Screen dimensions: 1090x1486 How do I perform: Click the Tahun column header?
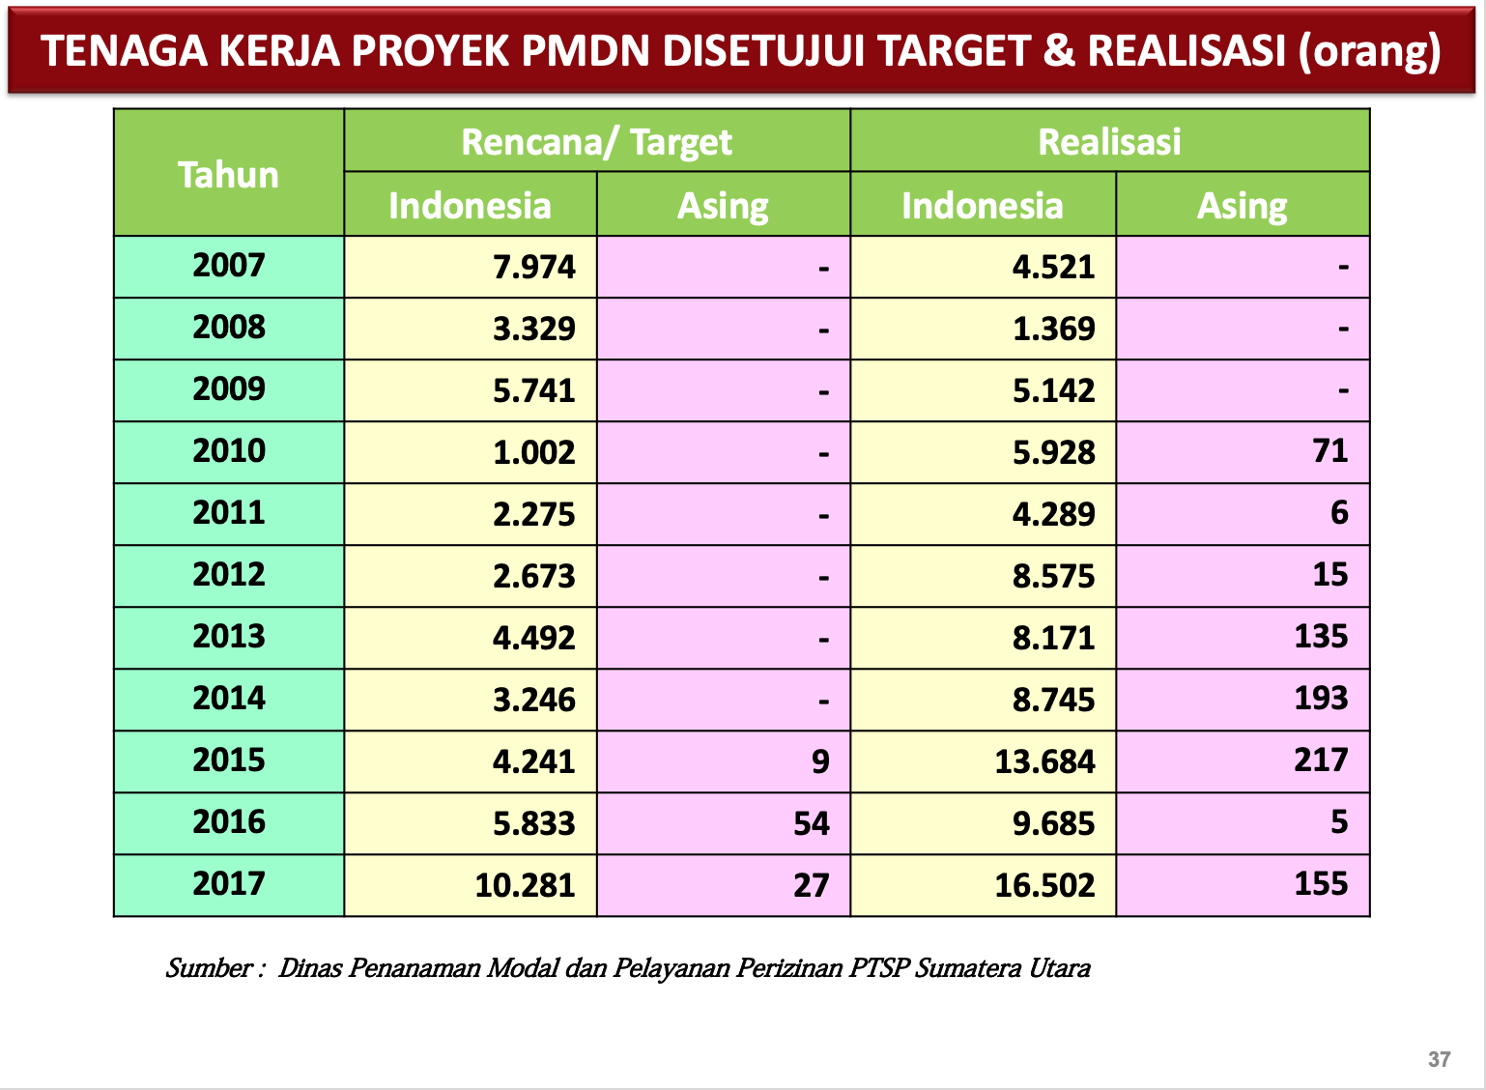(228, 175)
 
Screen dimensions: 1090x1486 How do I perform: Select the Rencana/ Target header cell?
(596, 142)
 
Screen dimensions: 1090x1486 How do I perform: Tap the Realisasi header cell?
(1109, 142)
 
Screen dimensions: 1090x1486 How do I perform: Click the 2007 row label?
(228, 266)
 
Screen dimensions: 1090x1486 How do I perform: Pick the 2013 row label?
(228, 637)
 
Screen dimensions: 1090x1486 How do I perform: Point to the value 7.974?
(533, 267)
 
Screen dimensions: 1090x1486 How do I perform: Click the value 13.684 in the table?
(1044, 761)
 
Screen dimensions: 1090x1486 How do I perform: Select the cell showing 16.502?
(1044, 885)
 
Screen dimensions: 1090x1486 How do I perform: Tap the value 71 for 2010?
(1329, 451)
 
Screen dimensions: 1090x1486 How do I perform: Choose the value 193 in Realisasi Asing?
(1321, 699)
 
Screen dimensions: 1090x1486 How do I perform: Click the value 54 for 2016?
(811, 823)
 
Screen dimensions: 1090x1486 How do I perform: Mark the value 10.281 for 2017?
(525, 885)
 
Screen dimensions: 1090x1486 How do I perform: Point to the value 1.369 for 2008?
(1053, 329)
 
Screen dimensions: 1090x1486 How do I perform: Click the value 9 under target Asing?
(820, 761)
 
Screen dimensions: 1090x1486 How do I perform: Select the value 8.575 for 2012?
(1053, 576)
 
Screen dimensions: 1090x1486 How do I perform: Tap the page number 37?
(1439, 1059)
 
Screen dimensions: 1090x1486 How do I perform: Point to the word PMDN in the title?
(586, 51)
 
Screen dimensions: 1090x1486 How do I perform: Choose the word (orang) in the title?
(1368, 51)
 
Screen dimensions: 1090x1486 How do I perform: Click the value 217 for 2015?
(1321, 760)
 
